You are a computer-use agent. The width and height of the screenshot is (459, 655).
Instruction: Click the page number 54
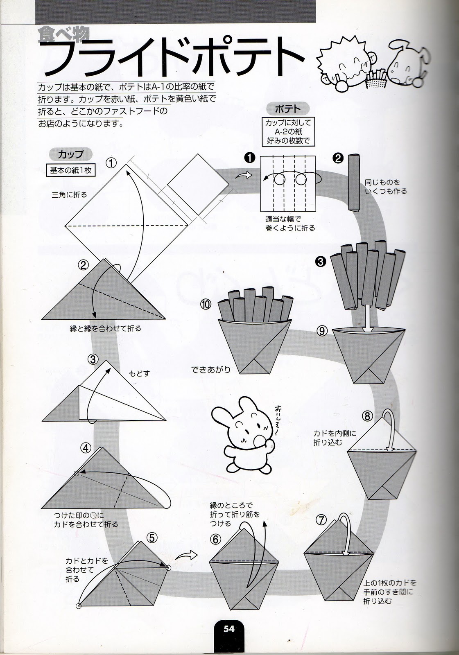click(229, 629)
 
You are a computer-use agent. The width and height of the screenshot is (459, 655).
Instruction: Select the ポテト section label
click(287, 109)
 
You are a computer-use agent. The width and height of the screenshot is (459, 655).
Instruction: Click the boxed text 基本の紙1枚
click(71, 170)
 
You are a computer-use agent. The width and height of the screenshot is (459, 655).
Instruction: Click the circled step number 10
click(206, 304)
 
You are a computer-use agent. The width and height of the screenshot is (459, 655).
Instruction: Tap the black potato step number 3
click(321, 260)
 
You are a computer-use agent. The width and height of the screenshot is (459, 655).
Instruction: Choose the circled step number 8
click(367, 416)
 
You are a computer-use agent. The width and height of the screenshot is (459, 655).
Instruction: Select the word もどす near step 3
click(140, 373)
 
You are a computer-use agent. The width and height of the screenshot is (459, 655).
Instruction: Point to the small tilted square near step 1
click(198, 185)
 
